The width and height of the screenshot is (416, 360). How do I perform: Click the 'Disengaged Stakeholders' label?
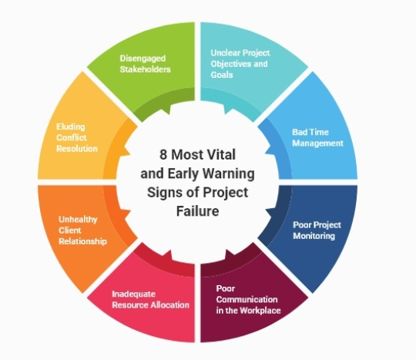145,64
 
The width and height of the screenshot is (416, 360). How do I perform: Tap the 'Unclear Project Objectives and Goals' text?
240,64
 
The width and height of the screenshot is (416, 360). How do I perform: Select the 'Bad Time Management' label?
317,137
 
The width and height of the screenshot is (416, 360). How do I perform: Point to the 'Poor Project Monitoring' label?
317,230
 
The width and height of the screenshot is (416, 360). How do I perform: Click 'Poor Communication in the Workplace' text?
248,299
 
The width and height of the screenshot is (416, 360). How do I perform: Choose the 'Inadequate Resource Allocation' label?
150,299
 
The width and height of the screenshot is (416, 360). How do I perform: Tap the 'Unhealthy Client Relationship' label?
82,230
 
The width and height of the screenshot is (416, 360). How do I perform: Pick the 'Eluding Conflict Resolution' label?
77,137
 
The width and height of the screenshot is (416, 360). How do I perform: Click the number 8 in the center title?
163,154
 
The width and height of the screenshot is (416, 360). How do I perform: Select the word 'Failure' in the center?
198,211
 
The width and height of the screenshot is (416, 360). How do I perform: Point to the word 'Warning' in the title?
229,174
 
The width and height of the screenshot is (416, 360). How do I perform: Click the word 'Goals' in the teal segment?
222,75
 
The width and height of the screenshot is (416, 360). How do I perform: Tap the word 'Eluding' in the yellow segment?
71,127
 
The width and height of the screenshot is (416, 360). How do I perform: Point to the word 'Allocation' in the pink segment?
169,304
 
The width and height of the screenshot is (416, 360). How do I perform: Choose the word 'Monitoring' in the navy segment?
314,236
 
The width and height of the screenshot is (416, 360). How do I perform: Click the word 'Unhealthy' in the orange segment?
78,220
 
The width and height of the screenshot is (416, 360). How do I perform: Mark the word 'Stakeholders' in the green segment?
145,69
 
